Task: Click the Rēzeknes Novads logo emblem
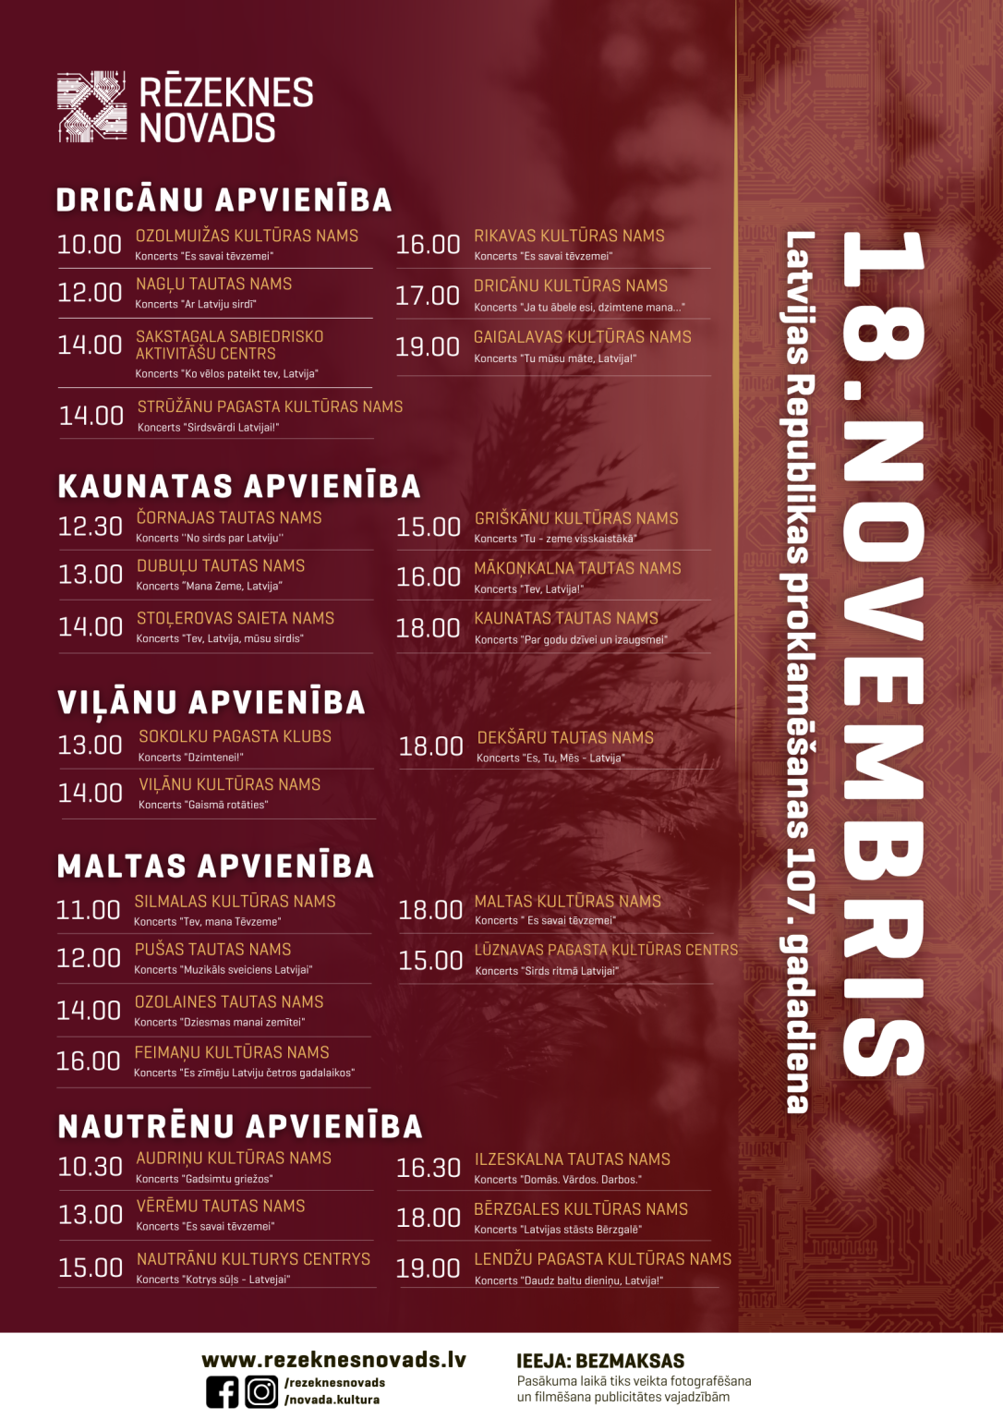click(91, 107)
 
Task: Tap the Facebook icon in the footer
click(222, 1391)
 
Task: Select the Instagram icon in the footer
click(261, 1391)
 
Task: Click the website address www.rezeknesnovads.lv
click(333, 1360)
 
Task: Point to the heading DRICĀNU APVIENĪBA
click(224, 200)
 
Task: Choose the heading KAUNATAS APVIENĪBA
click(238, 486)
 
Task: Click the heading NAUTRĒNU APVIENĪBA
click(240, 1126)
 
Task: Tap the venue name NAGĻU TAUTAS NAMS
click(213, 284)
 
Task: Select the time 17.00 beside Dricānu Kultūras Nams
click(427, 296)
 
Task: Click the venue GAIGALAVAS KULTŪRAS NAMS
click(582, 337)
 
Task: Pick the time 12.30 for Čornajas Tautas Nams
click(90, 527)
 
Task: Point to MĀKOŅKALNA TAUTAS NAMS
click(577, 568)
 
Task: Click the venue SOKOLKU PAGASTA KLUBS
click(235, 736)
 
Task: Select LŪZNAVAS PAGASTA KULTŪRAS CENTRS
click(606, 950)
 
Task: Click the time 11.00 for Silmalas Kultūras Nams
click(88, 910)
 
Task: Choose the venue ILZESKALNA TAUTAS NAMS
click(572, 1158)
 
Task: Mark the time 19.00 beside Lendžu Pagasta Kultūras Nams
click(428, 1268)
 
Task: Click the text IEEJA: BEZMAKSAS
click(600, 1361)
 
